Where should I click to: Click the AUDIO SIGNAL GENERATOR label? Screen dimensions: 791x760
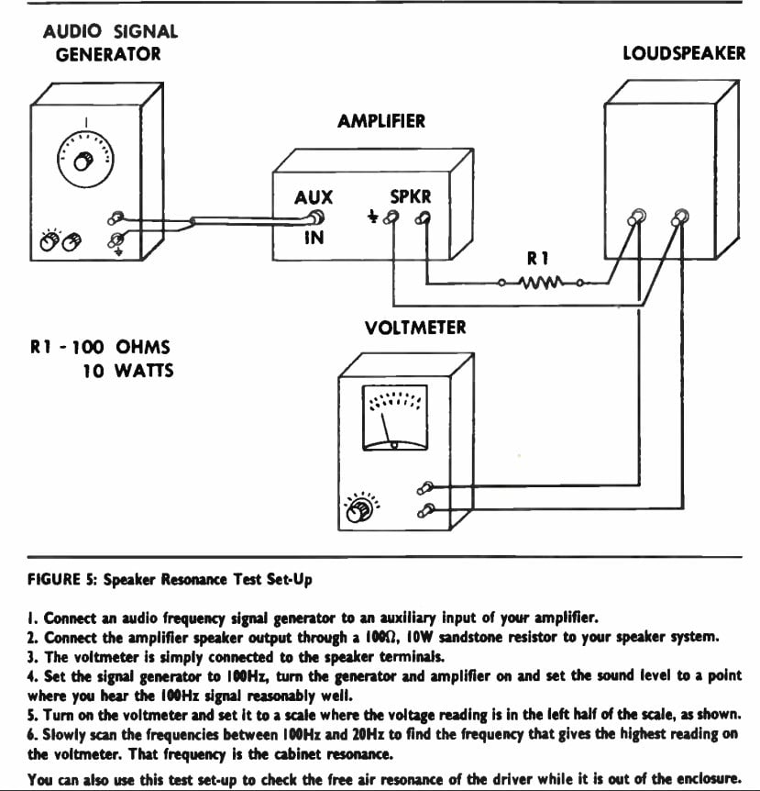[x=110, y=42]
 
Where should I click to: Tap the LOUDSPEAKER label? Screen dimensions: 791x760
[x=683, y=53]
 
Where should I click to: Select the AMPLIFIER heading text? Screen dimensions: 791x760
[x=381, y=121]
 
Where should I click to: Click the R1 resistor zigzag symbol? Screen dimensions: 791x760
[x=542, y=283]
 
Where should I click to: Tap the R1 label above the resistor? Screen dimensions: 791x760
[x=537, y=260]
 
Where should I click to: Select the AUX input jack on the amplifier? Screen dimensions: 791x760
[x=315, y=218]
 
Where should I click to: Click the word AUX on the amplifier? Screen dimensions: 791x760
[x=314, y=197]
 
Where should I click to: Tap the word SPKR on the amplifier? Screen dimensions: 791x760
[x=411, y=197]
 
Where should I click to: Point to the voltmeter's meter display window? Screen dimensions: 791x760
[x=394, y=418]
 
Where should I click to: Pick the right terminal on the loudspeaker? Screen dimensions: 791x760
[x=679, y=217]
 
